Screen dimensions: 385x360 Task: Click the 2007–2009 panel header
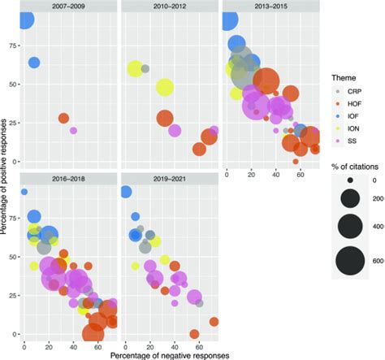(68, 6)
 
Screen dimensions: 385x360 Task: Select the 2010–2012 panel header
(170, 6)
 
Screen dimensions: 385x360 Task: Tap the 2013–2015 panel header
(271, 6)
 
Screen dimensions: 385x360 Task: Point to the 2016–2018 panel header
(68, 179)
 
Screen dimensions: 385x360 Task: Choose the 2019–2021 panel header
(170, 179)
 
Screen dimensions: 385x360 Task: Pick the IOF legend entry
(348, 116)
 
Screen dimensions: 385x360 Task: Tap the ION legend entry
(348, 128)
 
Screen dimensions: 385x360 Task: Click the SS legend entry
(347, 141)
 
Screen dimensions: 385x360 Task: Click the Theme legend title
(344, 78)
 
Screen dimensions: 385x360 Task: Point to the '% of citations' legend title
(355, 167)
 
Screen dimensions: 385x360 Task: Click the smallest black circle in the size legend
(350, 180)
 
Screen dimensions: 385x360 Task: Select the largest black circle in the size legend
(350, 262)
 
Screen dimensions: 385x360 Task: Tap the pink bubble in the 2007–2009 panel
(73, 131)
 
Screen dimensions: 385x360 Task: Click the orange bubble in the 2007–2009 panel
(63, 119)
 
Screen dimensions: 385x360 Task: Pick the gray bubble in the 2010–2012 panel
(145, 68)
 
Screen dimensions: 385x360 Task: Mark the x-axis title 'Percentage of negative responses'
(170, 355)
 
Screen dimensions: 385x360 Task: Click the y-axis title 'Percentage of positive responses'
(4, 177)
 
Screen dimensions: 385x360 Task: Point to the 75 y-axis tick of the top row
(13, 46)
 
